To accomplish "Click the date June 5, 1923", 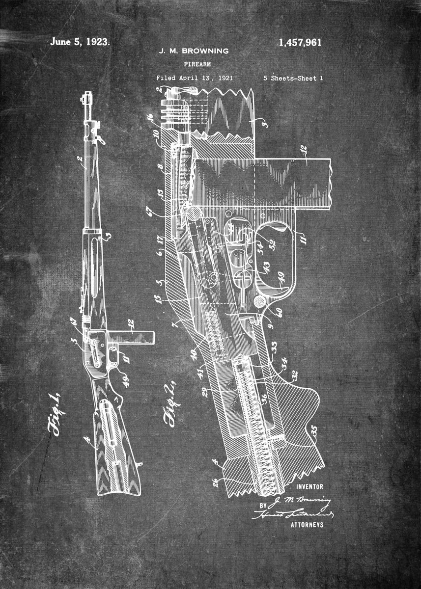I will pyautogui.click(x=80, y=42).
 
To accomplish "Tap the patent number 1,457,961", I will pyautogui.click(x=300, y=43).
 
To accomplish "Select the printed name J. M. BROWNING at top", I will pyautogui.click(x=193, y=51).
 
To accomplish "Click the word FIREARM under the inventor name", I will pyautogui.click(x=195, y=64).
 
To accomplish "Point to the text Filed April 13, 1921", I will pyautogui.click(x=195, y=78).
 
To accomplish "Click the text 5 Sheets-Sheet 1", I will pyautogui.click(x=293, y=78).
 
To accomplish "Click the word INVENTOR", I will pyautogui.click(x=309, y=486).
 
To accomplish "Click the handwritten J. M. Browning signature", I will pyautogui.click(x=301, y=501).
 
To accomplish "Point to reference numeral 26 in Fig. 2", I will pyautogui.click(x=215, y=482).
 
